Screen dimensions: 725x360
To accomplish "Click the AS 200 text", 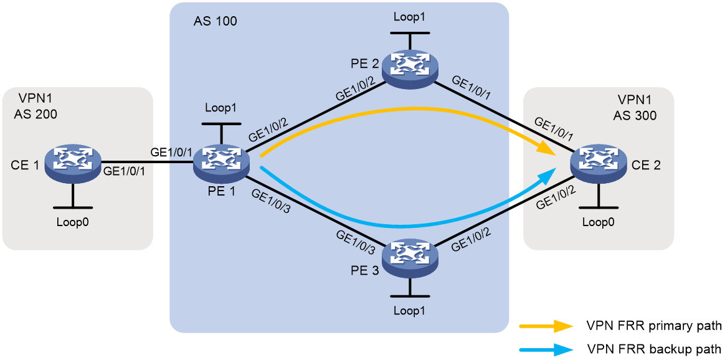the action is tap(35, 114).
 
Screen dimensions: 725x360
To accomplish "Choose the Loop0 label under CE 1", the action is tap(73, 221).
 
